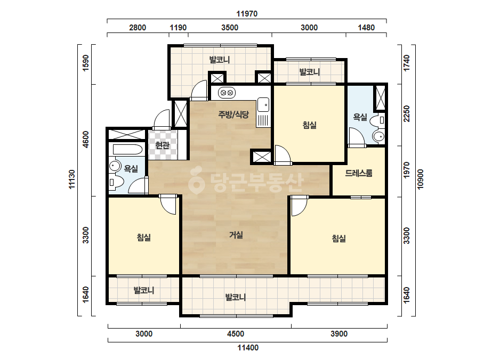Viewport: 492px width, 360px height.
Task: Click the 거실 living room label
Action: pos(236,234)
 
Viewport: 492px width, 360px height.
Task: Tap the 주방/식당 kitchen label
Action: pos(233,114)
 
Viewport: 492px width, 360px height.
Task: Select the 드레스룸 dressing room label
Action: pos(359,173)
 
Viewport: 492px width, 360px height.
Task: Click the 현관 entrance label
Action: pos(163,145)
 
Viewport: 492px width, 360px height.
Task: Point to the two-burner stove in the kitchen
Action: pos(227,93)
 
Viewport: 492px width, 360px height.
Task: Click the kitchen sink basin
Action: pos(263,105)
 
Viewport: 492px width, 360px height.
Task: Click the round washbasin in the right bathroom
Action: pos(378,136)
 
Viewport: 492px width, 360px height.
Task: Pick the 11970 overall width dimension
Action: pos(247,14)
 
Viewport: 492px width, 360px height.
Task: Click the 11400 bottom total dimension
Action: pos(248,347)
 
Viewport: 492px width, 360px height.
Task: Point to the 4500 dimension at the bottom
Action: pos(235,334)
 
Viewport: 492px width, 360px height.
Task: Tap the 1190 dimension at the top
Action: pos(178,28)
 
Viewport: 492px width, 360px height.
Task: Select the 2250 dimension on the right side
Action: pos(406,113)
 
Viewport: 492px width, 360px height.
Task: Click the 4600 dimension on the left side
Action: pos(85,140)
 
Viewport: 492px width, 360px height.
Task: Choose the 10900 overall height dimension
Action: pos(420,179)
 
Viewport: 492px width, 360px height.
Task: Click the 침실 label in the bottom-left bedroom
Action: pos(144,238)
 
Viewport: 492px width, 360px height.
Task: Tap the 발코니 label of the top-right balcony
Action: pos(309,72)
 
